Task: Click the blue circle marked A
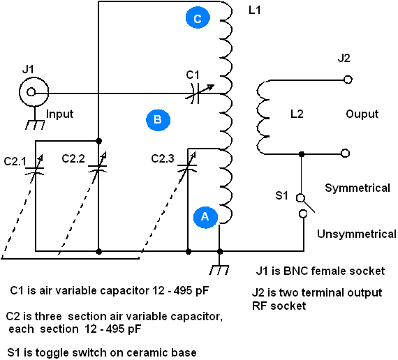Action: click(x=205, y=217)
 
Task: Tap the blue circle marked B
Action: click(x=158, y=120)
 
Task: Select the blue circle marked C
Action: click(x=198, y=18)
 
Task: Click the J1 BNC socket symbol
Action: click(x=34, y=92)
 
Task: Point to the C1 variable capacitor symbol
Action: click(x=198, y=93)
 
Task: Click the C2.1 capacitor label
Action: click(x=15, y=161)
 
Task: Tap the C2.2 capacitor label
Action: click(x=73, y=158)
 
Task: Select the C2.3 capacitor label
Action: click(x=163, y=158)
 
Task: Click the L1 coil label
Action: click(x=255, y=10)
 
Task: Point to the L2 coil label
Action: click(x=297, y=114)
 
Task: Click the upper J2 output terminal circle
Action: click(x=348, y=80)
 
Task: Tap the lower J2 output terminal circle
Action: click(x=345, y=153)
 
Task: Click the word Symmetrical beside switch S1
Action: click(x=358, y=188)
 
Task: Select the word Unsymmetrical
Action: click(x=357, y=234)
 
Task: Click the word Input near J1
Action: click(x=59, y=114)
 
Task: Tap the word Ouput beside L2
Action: click(x=362, y=114)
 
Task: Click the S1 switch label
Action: click(x=282, y=195)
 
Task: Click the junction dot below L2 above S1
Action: click(x=302, y=154)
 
